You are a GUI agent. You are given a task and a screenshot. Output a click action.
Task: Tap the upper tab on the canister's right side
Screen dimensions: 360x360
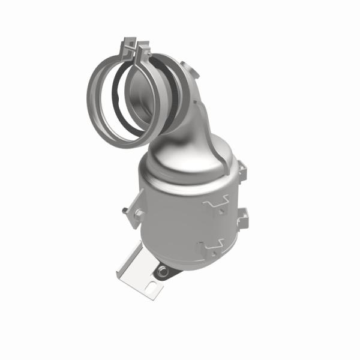coord(242,171)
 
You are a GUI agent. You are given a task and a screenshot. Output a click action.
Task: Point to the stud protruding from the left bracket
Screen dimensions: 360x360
coord(122,211)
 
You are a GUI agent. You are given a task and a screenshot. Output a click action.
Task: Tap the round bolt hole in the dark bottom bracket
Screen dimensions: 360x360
coord(163,272)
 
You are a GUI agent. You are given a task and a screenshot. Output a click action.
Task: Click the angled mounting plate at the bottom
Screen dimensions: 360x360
coord(142,273)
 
